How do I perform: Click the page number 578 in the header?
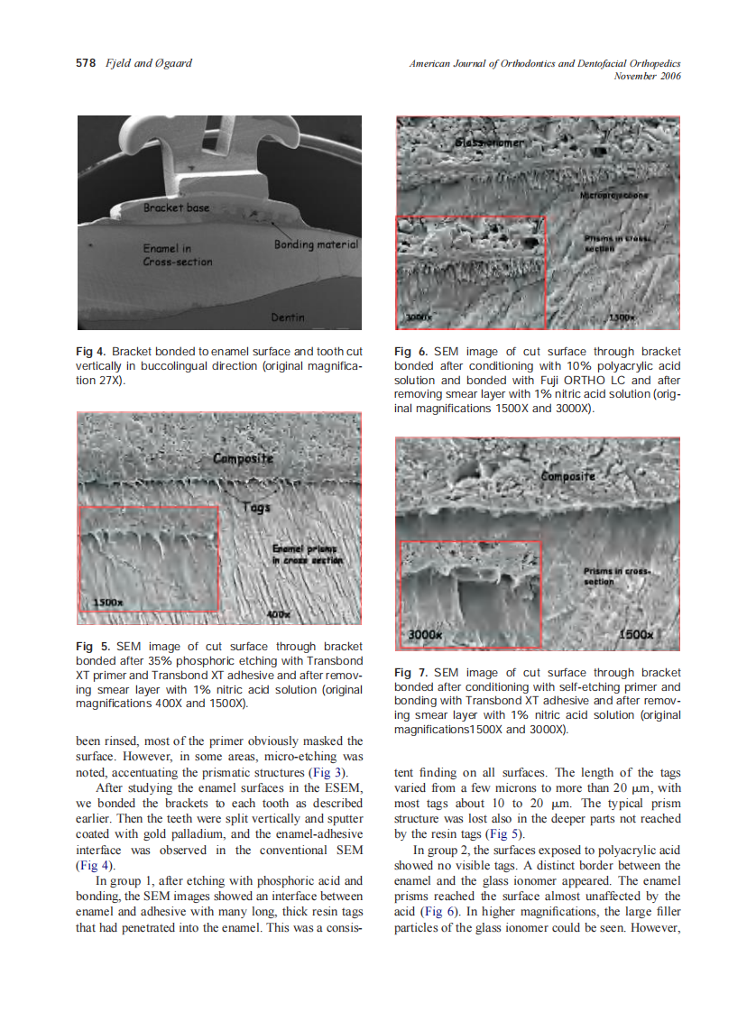(x=84, y=64)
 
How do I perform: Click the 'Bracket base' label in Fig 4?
(x=176, y=207)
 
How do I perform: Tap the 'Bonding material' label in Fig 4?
(x=316, y=244)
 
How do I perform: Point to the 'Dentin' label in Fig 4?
(x=288, y=317)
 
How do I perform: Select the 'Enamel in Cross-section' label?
(x=178, y=254)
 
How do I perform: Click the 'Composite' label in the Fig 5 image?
(x=243, y=459)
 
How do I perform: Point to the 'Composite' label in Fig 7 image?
(x=568, y=475)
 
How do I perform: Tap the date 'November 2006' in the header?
(x=646, y=76)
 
